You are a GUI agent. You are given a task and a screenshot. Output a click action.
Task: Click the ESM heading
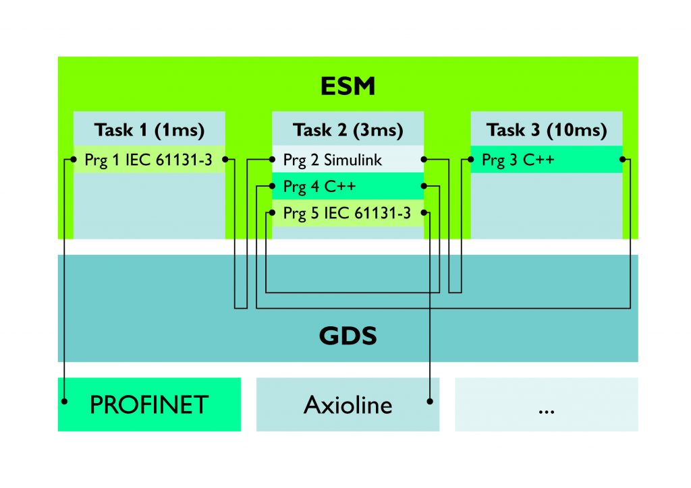tap(348, 86)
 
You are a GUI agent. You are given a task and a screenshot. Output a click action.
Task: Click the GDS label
tap(348, 335)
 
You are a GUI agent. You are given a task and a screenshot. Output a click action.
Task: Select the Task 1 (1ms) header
tap(149, 129)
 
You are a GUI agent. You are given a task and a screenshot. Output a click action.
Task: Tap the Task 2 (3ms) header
tap(348, 129)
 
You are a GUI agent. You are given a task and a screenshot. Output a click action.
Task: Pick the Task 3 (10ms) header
tap(546, 129)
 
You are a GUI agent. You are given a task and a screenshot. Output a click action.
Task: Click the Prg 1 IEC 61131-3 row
tap(149, 160)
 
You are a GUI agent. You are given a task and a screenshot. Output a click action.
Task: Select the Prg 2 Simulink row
tap(348, 160)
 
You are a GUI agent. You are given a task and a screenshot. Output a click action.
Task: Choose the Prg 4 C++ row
tap(348, 186)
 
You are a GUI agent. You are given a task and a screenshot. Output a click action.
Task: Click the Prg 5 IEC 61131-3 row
tap(348, 213)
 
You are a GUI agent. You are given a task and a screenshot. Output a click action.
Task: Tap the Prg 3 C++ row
tap(546, 160)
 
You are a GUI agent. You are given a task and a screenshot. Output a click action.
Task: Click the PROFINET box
tap(149, 404)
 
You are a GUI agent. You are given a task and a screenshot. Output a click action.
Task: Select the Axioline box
tap(348, 404)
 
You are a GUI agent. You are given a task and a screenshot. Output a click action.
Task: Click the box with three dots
tap(546, 404)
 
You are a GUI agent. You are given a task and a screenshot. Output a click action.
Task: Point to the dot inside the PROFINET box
tap(64, 401)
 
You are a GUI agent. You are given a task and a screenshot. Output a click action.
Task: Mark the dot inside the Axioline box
tap(430, 401)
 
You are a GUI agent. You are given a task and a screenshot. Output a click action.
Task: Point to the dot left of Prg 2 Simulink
tap(272, 160)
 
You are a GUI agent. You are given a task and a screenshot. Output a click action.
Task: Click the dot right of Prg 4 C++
tap(424, 186)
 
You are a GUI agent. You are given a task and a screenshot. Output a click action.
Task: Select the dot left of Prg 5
tap(272, 213)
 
